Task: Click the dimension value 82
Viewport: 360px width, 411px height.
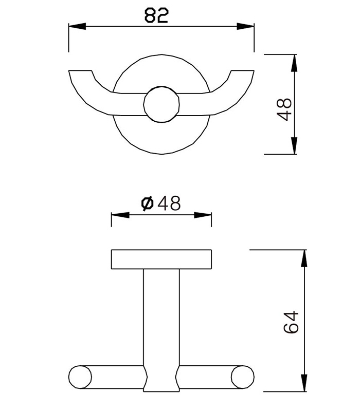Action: (156, 16)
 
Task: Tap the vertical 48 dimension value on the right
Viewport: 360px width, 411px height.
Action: (284, 108)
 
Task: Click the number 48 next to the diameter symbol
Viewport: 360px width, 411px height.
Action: (169, 204)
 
